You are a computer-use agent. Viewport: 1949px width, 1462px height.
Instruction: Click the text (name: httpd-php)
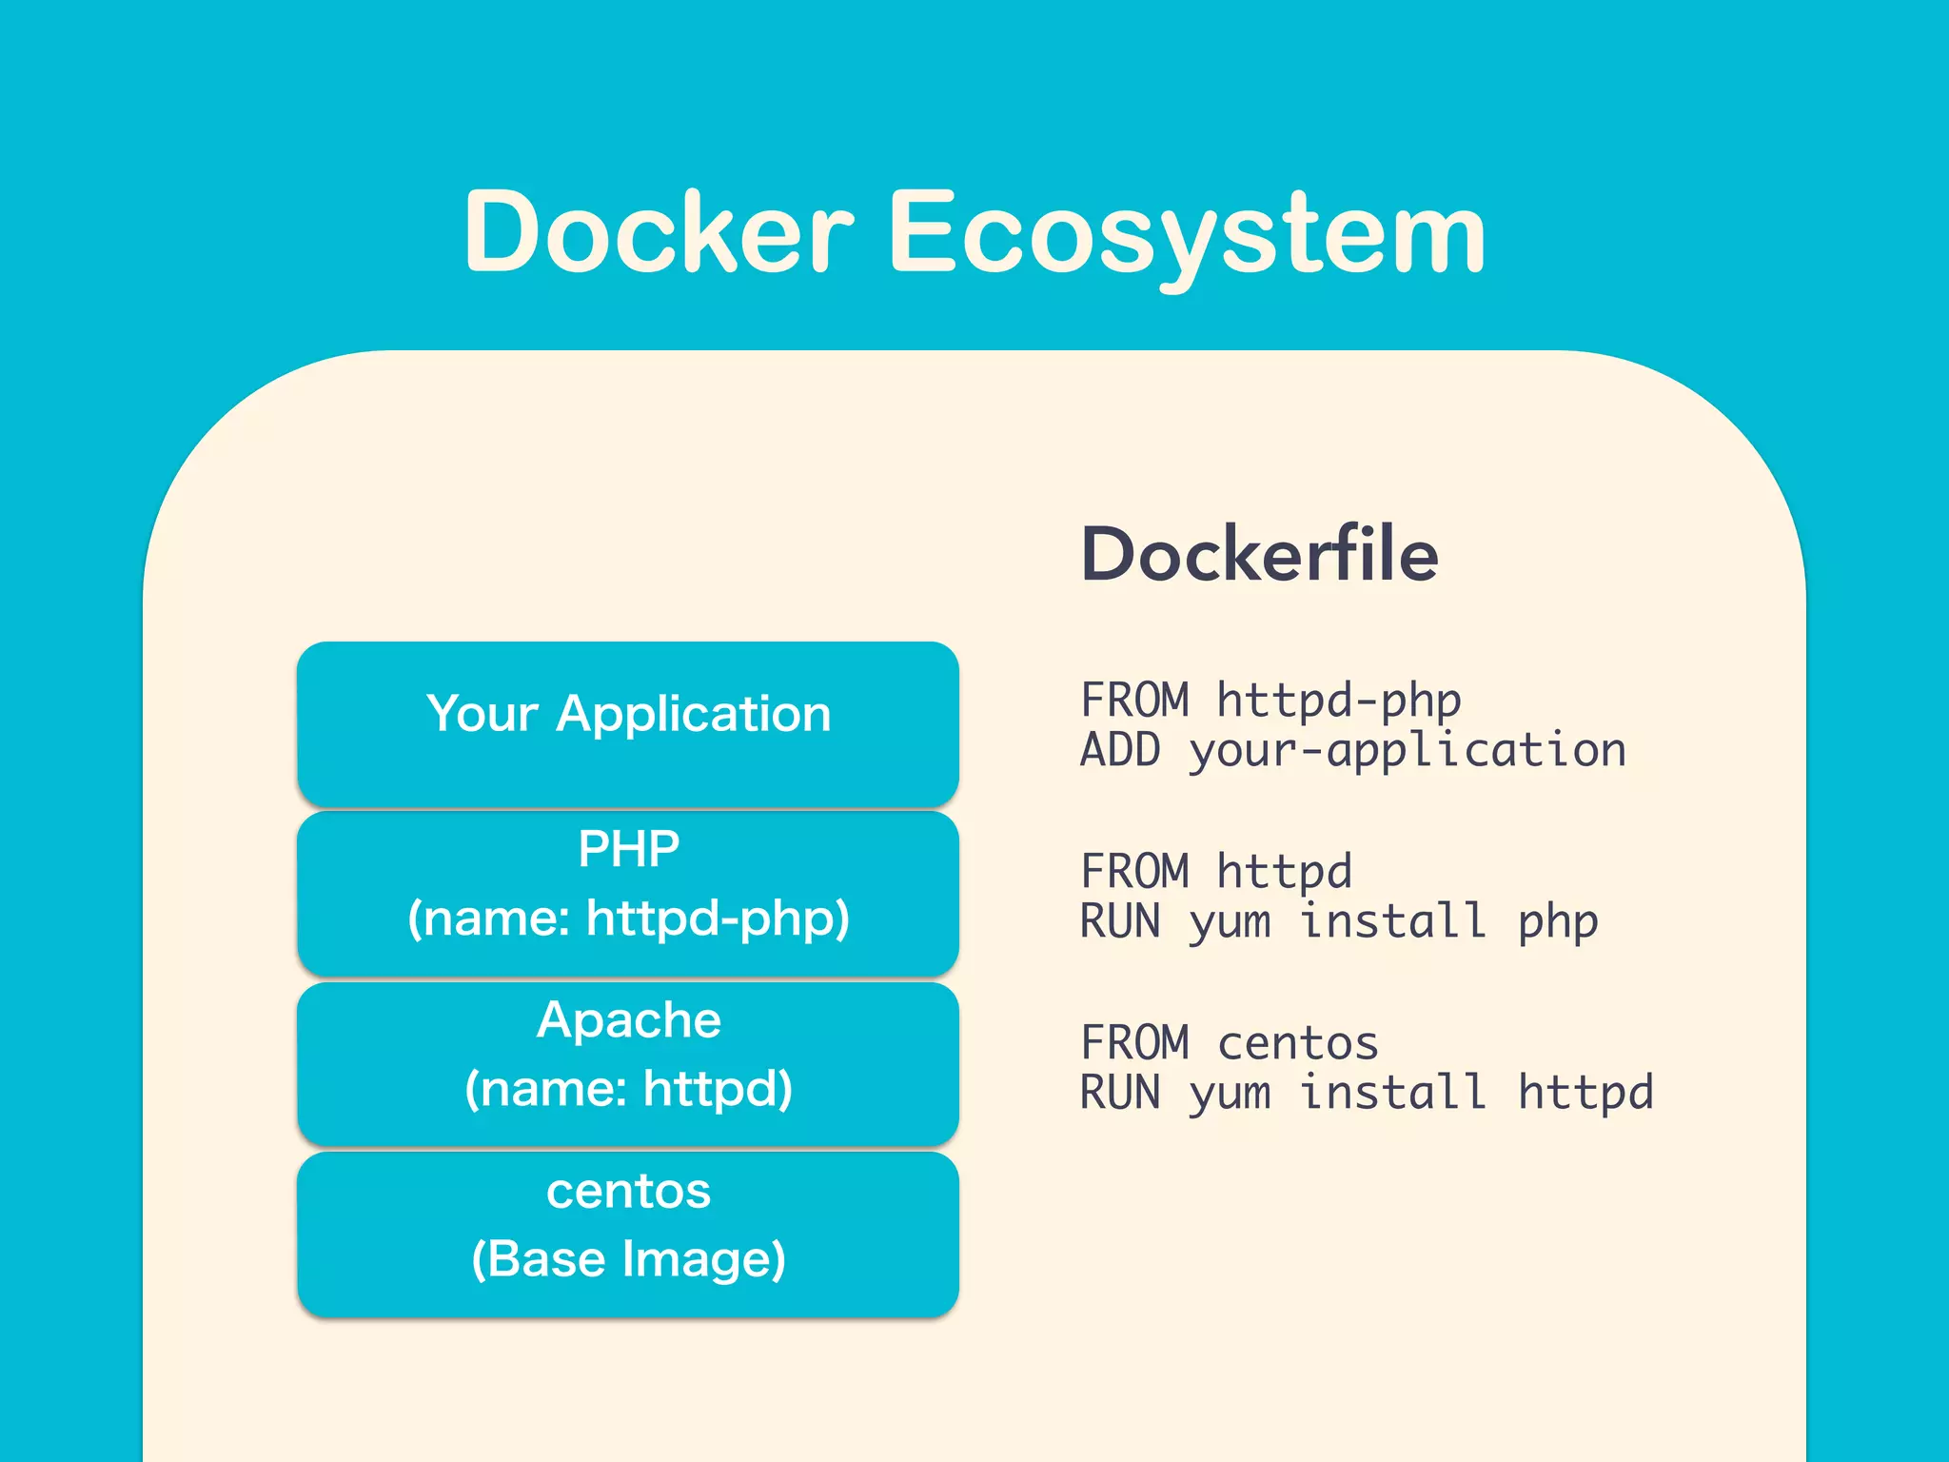(x=628, y=919)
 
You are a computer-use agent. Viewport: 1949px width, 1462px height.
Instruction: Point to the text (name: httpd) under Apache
(x=628, y=1089)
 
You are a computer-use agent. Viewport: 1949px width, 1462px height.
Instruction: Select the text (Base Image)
(x=628, y=1259)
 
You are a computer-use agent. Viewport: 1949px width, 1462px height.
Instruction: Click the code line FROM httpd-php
(x=1270, y=701)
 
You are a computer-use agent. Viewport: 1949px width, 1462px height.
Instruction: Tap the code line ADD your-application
(x=1352, y=751)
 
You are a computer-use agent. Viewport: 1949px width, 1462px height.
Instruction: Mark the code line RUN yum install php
(x=1339, y=922)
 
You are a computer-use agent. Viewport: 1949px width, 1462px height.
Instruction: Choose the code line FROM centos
(x=1230, y=1043)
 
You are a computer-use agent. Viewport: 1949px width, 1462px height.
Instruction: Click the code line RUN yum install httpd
(x=1367, y=1093)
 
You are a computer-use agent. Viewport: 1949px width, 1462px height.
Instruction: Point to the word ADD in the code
(x=1120, y=751)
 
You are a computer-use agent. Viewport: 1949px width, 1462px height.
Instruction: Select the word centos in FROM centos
(x=1298, y=1043)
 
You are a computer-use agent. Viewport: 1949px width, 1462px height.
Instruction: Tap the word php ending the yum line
(x=1558, y=922)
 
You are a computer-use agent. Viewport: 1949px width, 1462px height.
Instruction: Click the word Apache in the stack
(x=628, y=1020)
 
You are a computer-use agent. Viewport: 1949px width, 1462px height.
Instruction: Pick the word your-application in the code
(x=1408, y=751)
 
